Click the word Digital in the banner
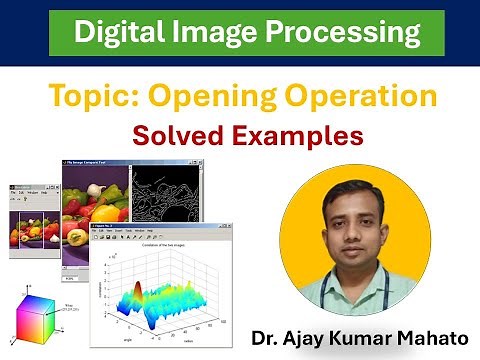(x=117, y=33)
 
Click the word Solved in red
(x=191, y=133)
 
